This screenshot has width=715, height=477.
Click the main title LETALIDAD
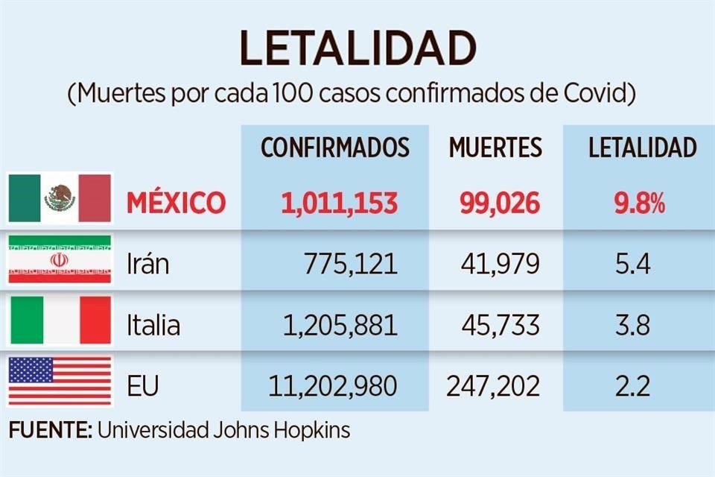pyautogui.click(x=357, y=49)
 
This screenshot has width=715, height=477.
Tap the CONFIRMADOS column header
pyautogui.click(x=334, y=148)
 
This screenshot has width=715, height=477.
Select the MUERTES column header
pyautogui.click(x=495, y=148)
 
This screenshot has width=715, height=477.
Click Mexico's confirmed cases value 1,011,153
pyautogui.click(x=339, y=203)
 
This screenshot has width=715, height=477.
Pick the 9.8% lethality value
pyautogui.click(x=640, y=203)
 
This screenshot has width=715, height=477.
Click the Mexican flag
pyautogui.click(x=60, y=198)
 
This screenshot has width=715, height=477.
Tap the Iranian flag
pyautogui.click(x=60, y=259)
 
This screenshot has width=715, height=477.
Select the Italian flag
pyautogui.click(x=60, y=320)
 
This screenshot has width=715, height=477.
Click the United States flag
pyautogui.click(x=60, y=382)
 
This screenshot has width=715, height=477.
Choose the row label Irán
pyautogui.click(x=147, y=264)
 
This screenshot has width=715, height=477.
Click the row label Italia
pyautogui.click(x=153, y=325)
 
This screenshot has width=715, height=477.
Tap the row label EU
pyautogui.click(x=142, y=386)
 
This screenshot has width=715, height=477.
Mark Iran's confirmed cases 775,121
pyautogui.click(x=350, y=264)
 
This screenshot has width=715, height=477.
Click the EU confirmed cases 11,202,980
pyautogui.click(x=332, y=386)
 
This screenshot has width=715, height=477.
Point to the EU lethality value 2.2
pyautogui.click(x=632, y=386)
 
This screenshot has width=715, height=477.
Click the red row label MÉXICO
pyautogui.click(x=176, y=203)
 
